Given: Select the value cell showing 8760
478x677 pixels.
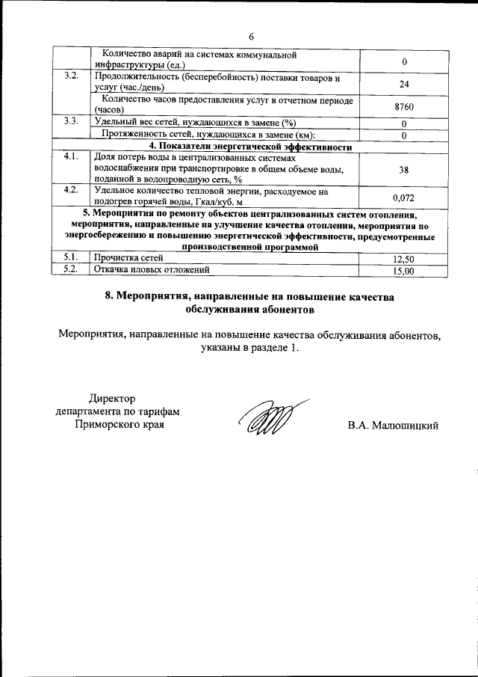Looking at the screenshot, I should (x=403, y=107).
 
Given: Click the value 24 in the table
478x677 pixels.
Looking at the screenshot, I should (x=403, y=84).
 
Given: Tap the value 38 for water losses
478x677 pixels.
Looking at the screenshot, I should (x=403, y=170).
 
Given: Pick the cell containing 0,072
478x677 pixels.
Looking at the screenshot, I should (x=403, y=197).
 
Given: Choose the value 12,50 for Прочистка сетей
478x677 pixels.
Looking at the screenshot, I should (x=403, y=258).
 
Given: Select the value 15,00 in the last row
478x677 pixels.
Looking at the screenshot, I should (x=403, y=271).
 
